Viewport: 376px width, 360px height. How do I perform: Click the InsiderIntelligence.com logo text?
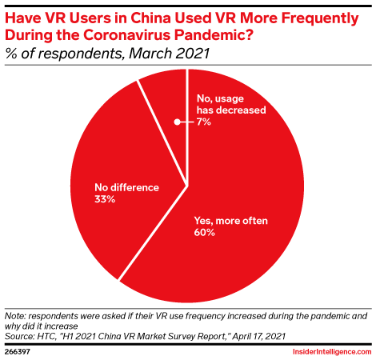(328, 350)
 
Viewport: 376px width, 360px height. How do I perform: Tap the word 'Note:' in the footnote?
(18, 317)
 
